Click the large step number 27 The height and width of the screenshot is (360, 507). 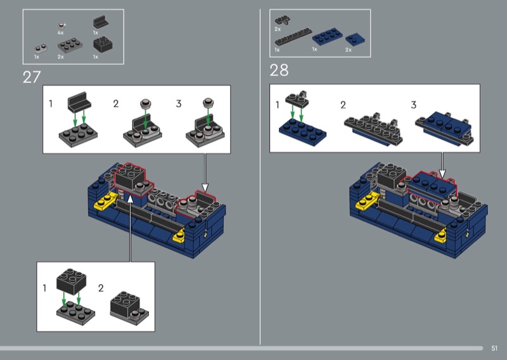click(x=32, y=77)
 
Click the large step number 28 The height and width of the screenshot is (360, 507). click(x=279, y=70)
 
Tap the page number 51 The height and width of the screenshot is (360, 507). click(x=494, y=349)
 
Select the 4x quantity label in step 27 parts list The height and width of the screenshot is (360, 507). click(x=60, y=33)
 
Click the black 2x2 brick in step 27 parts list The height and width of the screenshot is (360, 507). click(x=103, y=44)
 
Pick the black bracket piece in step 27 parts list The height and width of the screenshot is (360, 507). click(x=101, y=22)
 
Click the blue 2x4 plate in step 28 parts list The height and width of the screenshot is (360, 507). click(x=327, y=36)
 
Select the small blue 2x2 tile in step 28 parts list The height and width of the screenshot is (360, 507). click(x=355, y=39)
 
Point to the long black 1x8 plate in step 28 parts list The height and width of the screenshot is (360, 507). click(x=293, y=37)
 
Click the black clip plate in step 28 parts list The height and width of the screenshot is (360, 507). click(x=282, y=20)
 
